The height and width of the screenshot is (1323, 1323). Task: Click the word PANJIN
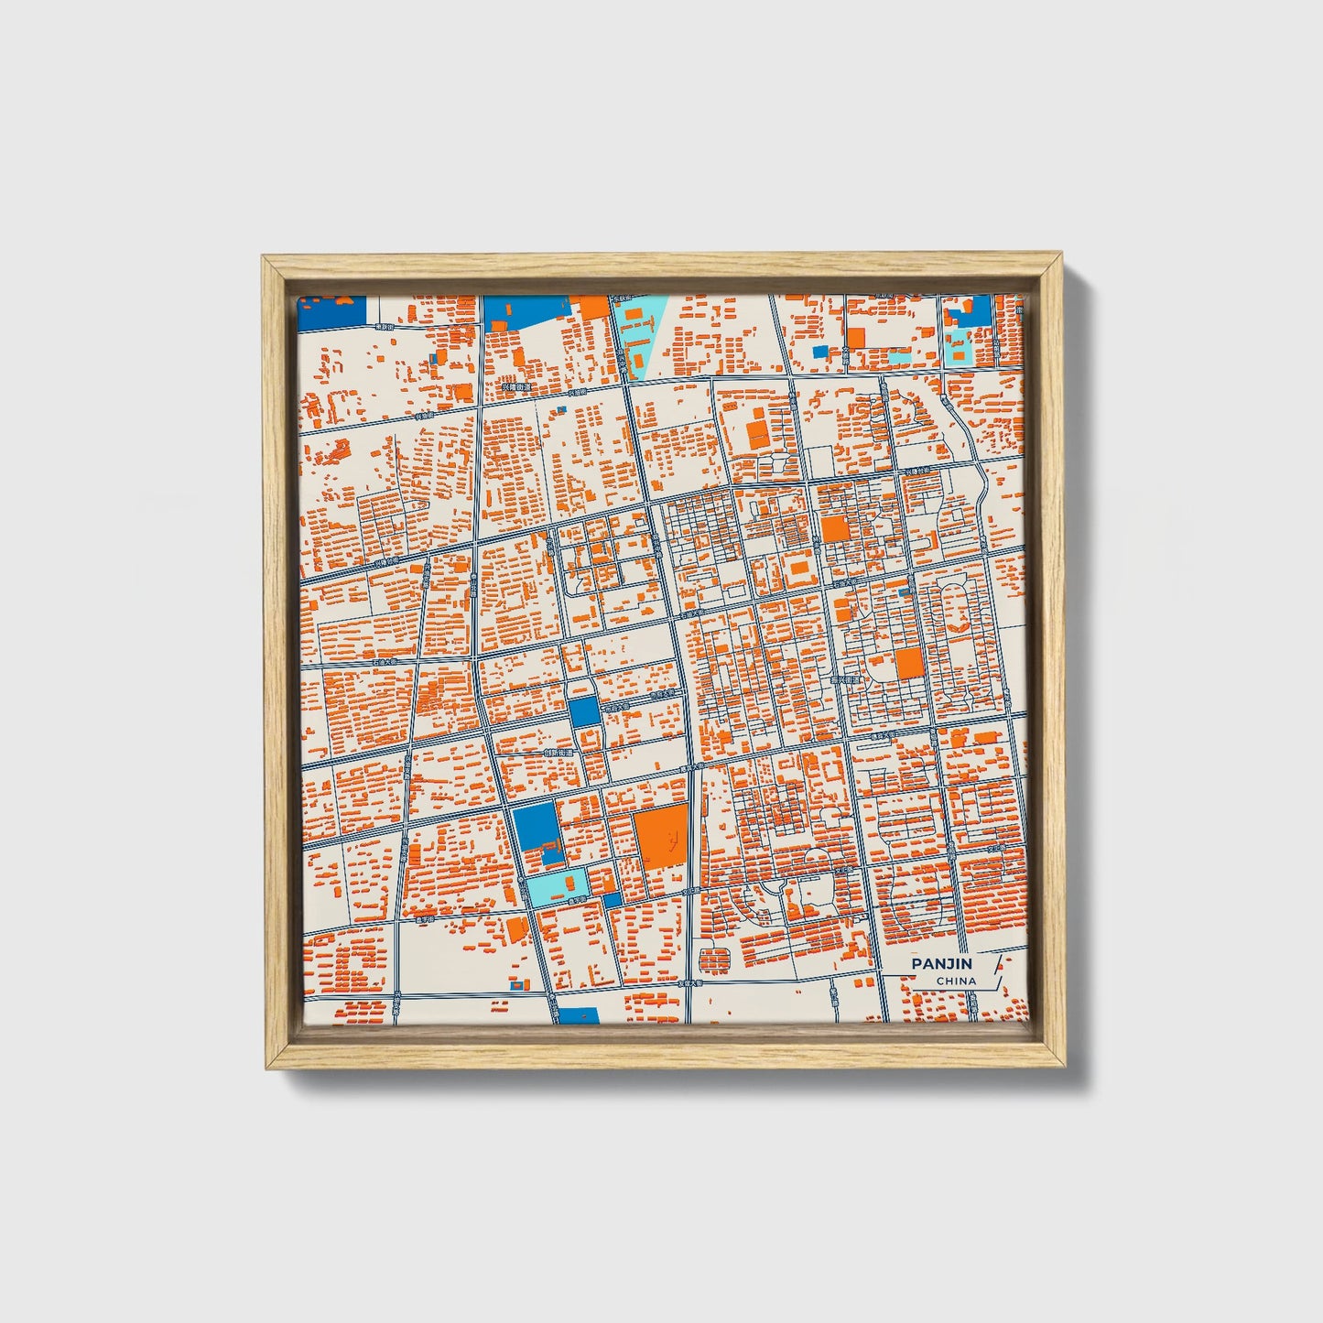tap(942, 963)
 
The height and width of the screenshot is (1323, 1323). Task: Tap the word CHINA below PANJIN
tap(956, 981)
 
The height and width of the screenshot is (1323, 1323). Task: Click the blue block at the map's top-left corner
tap(332, 311)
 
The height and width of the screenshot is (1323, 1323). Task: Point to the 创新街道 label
tap(558, 753)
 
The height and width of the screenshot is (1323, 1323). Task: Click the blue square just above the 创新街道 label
tap(583, 712)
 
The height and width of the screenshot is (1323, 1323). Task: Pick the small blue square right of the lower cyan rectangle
tap(612, 899)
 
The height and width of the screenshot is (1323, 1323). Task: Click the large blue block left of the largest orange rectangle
tap(536, 826)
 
